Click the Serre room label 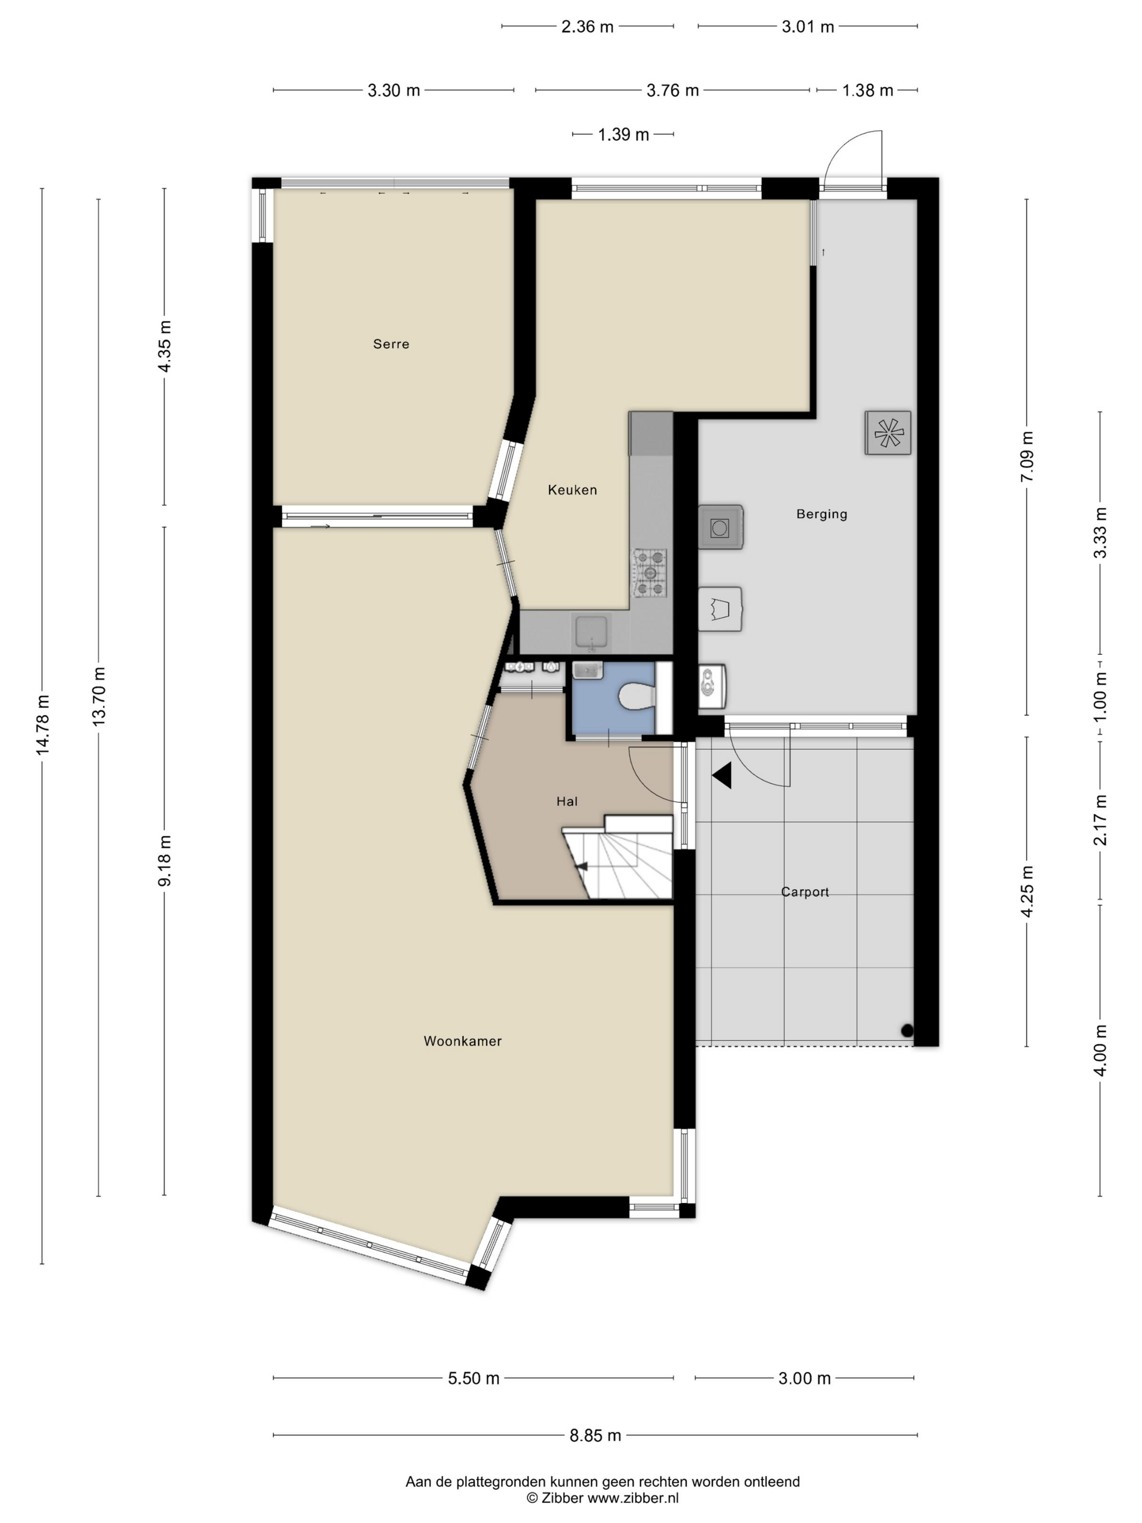[391, 344]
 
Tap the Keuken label [572, 490]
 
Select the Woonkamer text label [463, 1041]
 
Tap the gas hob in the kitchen [650, 572]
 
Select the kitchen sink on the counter [591, 632]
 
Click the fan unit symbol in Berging [887, 433]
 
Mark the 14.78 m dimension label [42, 725]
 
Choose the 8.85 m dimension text [595, 1435]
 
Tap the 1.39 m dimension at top [623, 134]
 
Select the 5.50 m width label [474, 1378]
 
